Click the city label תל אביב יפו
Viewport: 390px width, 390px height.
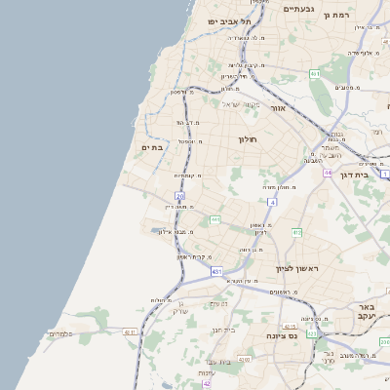229,20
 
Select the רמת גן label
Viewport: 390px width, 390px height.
340,15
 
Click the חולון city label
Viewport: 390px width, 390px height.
248,139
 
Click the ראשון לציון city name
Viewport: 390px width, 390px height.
296,267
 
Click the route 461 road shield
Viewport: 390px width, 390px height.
315,74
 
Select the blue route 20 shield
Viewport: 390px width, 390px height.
179,196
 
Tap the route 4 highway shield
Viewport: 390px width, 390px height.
273,203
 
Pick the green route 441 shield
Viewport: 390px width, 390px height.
215,220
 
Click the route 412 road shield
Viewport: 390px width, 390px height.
296,232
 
